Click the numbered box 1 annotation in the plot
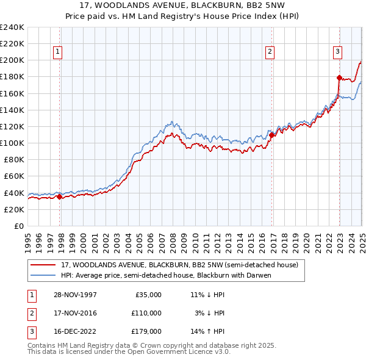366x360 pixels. (x=58, y=52)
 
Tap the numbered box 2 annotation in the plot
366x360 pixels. (x=270, y=52)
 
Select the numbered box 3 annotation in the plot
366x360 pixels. (x=337, y=52)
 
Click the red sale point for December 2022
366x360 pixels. (x=339, y=77)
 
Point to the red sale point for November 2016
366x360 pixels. (x=272, y=135)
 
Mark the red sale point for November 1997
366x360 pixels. (x=59, y=196)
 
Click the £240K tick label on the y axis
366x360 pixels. (x=12, y=27)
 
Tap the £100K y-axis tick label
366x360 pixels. (x=12, y=143)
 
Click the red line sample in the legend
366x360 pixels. (x=43, y=265)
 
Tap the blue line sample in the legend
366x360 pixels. (x=43, y=275)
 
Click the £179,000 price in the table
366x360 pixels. (x=147, y=332)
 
